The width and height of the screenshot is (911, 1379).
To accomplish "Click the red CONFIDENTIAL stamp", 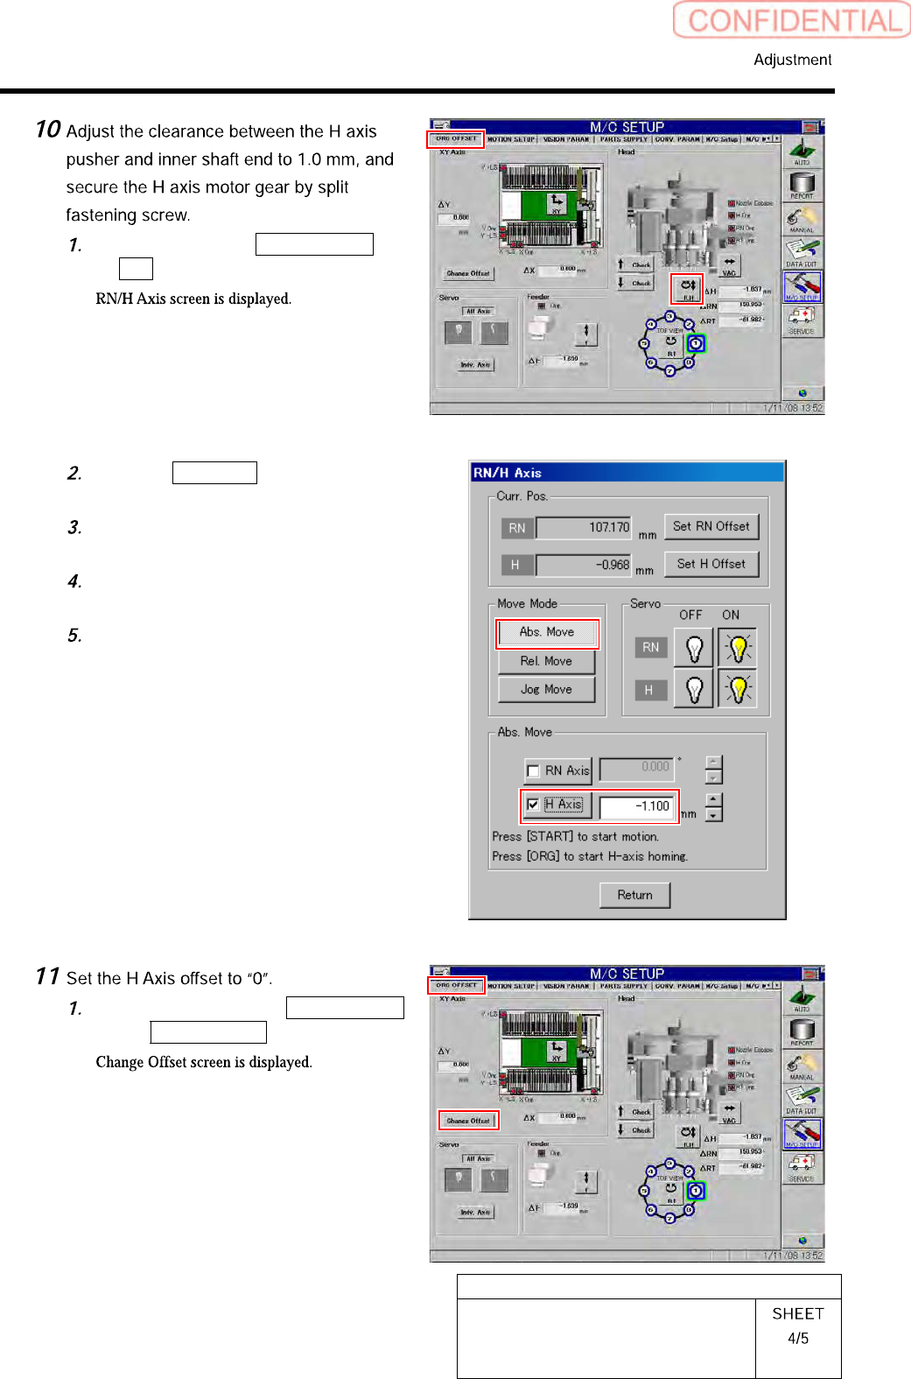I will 792,20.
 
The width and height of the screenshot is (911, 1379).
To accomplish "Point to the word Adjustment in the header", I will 792,60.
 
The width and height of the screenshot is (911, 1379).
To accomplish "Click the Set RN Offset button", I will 711,526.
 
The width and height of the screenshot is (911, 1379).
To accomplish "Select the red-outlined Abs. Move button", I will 547,632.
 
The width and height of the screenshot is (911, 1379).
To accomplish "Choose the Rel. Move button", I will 546,661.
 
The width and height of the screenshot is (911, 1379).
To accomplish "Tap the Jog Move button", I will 546,689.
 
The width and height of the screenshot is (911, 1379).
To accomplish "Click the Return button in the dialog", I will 634,895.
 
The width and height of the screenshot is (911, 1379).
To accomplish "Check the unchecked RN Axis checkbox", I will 533,771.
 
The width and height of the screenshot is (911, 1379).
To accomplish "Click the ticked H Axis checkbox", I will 533,804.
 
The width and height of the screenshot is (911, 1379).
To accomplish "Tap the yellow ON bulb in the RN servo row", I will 738,648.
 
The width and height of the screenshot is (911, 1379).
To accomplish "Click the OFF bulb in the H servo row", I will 694,689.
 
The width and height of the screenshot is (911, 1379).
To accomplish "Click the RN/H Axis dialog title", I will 508,473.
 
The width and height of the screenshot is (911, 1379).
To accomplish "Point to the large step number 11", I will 47,976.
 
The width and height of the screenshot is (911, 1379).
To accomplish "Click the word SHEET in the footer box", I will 797,1313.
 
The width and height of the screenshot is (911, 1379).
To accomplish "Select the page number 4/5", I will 797,1338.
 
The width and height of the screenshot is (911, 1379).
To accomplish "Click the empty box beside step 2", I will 214,473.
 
